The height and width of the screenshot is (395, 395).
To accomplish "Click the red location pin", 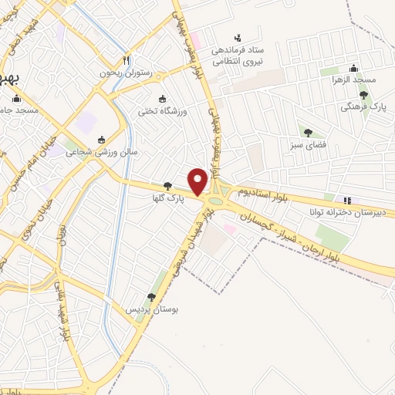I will tap(198, 181).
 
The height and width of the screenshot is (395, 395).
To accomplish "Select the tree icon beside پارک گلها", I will tap(168, 185).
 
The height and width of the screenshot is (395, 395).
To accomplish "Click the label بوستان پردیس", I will tap(153, 309).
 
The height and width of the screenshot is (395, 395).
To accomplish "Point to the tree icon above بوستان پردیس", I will tap(151, 296).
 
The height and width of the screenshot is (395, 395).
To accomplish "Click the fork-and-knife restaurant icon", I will tap(127, 60).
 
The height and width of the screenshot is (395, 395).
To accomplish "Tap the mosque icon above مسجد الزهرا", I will tap(353, 68).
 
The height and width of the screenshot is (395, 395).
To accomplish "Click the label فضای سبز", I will tap(307, 143).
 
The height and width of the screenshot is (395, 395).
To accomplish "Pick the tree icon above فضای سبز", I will tap(308, 132).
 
